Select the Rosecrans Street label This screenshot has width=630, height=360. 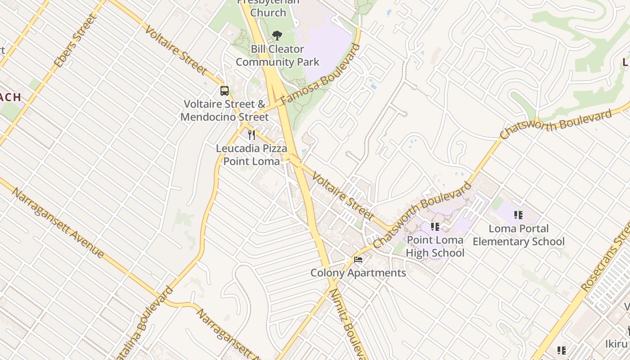(x=605, y=258)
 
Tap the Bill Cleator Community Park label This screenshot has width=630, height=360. (x=277, y=55)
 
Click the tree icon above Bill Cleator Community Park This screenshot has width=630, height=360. (x=277, y=35)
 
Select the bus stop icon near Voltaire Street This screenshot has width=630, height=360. (x=225, y=91)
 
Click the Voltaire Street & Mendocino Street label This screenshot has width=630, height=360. (x=225, y=111)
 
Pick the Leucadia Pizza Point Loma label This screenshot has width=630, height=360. (x=252, y=155)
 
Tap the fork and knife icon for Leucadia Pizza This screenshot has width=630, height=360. (x=252, y=135)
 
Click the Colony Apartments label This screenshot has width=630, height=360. (x=358, y=273)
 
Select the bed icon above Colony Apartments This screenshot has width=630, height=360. (x=358, y=260)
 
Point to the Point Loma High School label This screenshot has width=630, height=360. (x=435, y=247)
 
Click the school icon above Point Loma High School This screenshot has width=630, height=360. (x=435, y=227)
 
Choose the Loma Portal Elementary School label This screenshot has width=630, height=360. (x=518, y=235)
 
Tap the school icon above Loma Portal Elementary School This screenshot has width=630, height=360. (x=518, y=215)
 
